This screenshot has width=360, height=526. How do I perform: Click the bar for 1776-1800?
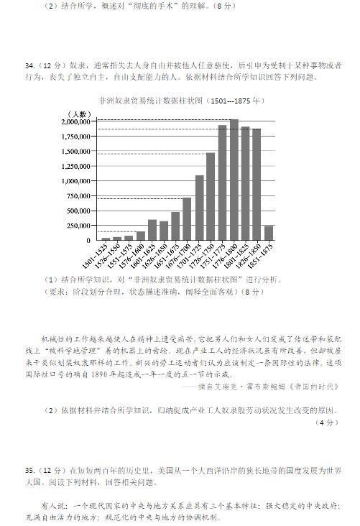234,180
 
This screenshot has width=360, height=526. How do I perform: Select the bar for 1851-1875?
268,233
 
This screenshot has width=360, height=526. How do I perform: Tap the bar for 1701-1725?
199,208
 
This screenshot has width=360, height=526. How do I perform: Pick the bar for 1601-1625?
152,230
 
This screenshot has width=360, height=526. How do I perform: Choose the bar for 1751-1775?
222,183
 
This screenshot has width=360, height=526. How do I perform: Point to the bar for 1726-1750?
211,196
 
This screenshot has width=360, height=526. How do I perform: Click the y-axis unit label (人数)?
78,114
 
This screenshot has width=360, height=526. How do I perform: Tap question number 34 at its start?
30,65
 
